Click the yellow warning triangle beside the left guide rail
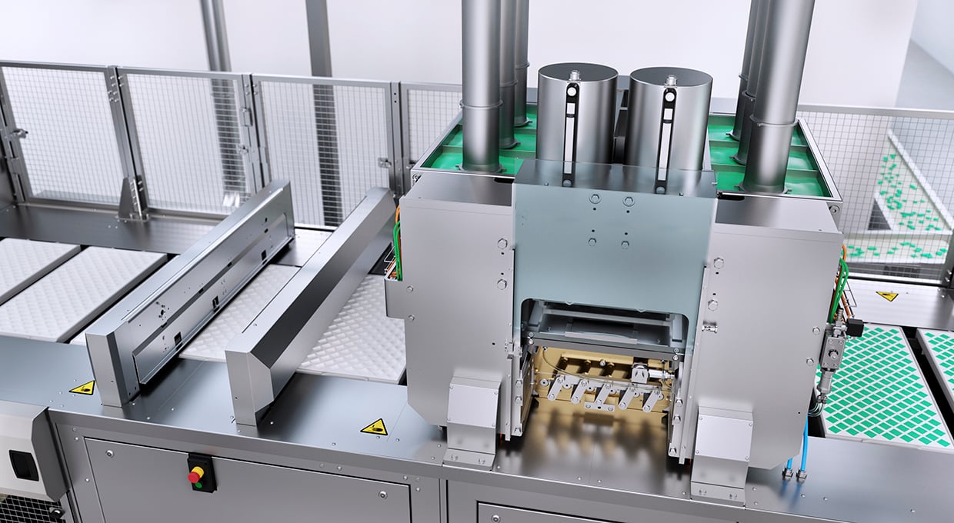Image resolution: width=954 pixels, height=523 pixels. pyautogui.click(x=82, y=387)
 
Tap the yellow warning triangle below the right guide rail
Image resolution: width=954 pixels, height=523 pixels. pyautogui.click(x=375, y=427)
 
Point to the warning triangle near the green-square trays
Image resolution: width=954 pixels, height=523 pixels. pyautogui.click(x=887, y=295)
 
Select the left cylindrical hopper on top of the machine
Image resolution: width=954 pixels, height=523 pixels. pyautogui.click(x=576, y=115)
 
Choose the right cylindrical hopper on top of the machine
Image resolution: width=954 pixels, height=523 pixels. pyautogui.click(x=668, y=119)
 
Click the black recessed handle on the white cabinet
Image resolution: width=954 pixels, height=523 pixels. pyautogui.click(x=24, y=465)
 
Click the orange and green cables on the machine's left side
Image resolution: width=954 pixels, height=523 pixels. pyautogui.click(x=397, y=246)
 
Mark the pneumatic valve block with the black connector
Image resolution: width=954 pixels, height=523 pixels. pyautogui.click(x=835, y=346)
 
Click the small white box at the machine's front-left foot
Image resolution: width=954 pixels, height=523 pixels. pyautogui.click(x=471, y=404)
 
